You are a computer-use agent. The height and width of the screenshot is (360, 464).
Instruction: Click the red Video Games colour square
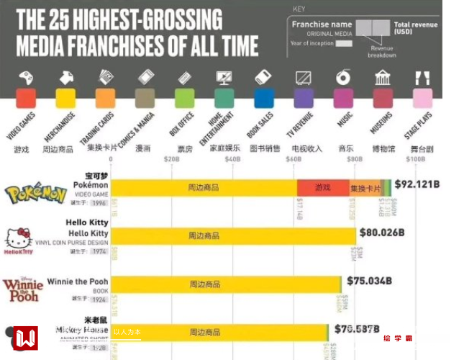pos(26,98)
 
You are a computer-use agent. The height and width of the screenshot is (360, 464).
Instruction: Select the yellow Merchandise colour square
pos(65,98)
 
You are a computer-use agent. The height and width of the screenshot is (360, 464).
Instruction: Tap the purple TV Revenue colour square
pos(304,98)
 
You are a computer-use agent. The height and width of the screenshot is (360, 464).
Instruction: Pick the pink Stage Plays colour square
pos(422,98)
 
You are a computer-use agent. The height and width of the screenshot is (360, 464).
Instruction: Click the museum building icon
pos(383,77)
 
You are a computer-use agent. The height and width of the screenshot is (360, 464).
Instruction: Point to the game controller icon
pos(26,77)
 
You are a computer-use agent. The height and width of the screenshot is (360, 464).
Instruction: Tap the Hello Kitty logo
pos(19,240)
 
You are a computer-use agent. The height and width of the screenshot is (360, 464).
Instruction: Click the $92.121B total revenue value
pos(417,184)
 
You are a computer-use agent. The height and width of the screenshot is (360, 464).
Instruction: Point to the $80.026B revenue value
pos(382,233)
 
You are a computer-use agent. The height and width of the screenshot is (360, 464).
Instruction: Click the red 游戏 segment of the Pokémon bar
pos(322,188)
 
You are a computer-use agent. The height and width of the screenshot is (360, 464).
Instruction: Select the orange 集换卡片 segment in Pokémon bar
pos(365,188)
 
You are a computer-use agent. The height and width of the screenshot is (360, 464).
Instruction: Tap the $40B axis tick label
pos(232,159)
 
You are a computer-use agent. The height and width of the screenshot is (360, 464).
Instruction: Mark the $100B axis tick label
pos(415,159)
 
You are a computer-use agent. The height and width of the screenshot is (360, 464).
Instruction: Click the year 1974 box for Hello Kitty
pos(99,252)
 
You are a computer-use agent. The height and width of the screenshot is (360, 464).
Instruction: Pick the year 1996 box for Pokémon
pos(99,203)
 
